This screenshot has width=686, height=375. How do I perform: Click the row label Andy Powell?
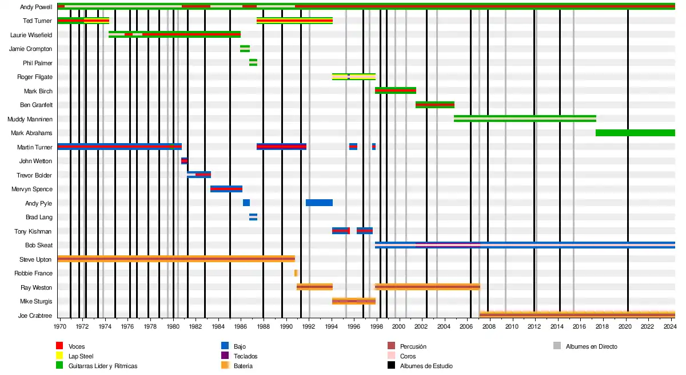click(35, 7)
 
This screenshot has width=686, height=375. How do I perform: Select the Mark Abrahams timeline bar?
click(635, 133)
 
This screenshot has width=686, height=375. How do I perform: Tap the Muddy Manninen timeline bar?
click(525, 119)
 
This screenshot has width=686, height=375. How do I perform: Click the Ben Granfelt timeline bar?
click(434, 105)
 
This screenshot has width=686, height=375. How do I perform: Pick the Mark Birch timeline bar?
click(395, 90)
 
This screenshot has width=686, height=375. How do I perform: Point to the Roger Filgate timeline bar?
click(354, 77)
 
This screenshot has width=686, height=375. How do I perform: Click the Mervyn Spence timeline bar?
click(226, 189)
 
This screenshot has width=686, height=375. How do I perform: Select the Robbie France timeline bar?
click(296, 273)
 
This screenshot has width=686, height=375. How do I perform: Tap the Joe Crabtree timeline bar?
click(577, 315)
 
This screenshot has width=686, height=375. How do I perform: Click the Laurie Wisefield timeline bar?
click(174, 34)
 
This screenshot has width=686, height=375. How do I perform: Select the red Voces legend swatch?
click(59, 346)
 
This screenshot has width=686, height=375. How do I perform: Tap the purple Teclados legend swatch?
click(225, 356)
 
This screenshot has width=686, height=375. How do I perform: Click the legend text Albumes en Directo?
click(591, 346)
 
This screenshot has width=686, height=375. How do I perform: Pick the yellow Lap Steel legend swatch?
click(59, 356)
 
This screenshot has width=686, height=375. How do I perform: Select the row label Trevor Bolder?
click(35, 175)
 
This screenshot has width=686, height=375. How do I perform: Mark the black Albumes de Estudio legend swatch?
click(391, 366)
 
